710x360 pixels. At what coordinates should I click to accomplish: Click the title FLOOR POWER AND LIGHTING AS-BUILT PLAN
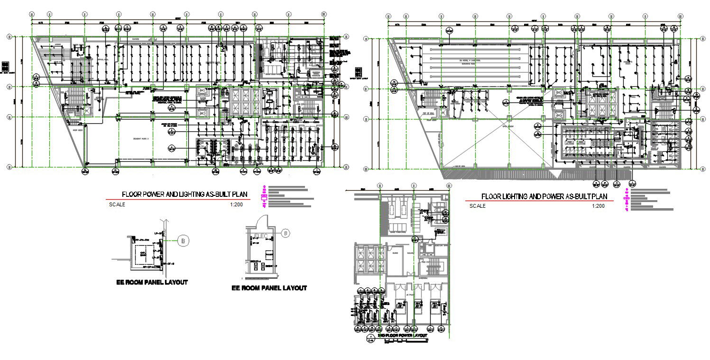(185, 194)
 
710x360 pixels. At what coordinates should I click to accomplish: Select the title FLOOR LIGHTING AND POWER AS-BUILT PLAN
(544, 196)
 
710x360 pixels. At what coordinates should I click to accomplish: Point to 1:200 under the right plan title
(598, 206)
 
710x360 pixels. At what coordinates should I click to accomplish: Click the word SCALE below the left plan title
(117, 205)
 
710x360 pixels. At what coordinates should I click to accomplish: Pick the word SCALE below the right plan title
(478, 206)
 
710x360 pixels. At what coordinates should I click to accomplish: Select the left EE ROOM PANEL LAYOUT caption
(152, 282)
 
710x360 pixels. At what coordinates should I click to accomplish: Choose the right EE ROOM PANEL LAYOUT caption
(269, 288)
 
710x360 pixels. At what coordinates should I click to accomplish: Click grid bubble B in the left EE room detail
(183, 241)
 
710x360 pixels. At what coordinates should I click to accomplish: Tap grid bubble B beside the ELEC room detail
(286, 233)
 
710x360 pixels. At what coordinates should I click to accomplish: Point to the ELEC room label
(261, 236)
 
